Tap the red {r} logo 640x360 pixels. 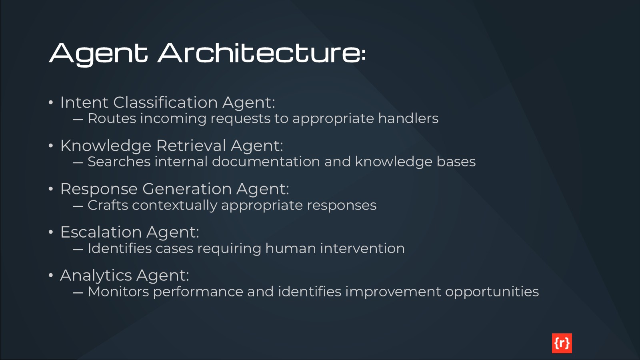pos(562,343)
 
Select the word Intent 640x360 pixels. pos(84,102)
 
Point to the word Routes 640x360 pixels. pos(112,118)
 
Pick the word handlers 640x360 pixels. pos(408,118)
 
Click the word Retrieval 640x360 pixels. pos(191,146)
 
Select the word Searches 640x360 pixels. pos(119,162)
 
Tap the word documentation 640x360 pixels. pos(266,162)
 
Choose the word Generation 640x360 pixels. pos(187,189)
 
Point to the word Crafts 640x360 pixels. pos(108,205)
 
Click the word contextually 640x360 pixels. pos(174,206)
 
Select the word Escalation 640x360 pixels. pos(101,232)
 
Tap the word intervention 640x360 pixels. pos(362,248)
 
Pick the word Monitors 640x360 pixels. pos(118,292)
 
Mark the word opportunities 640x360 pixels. pos(492,292)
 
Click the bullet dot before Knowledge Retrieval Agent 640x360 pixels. pos(51,146)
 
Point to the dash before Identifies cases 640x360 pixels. pos(78,249)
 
